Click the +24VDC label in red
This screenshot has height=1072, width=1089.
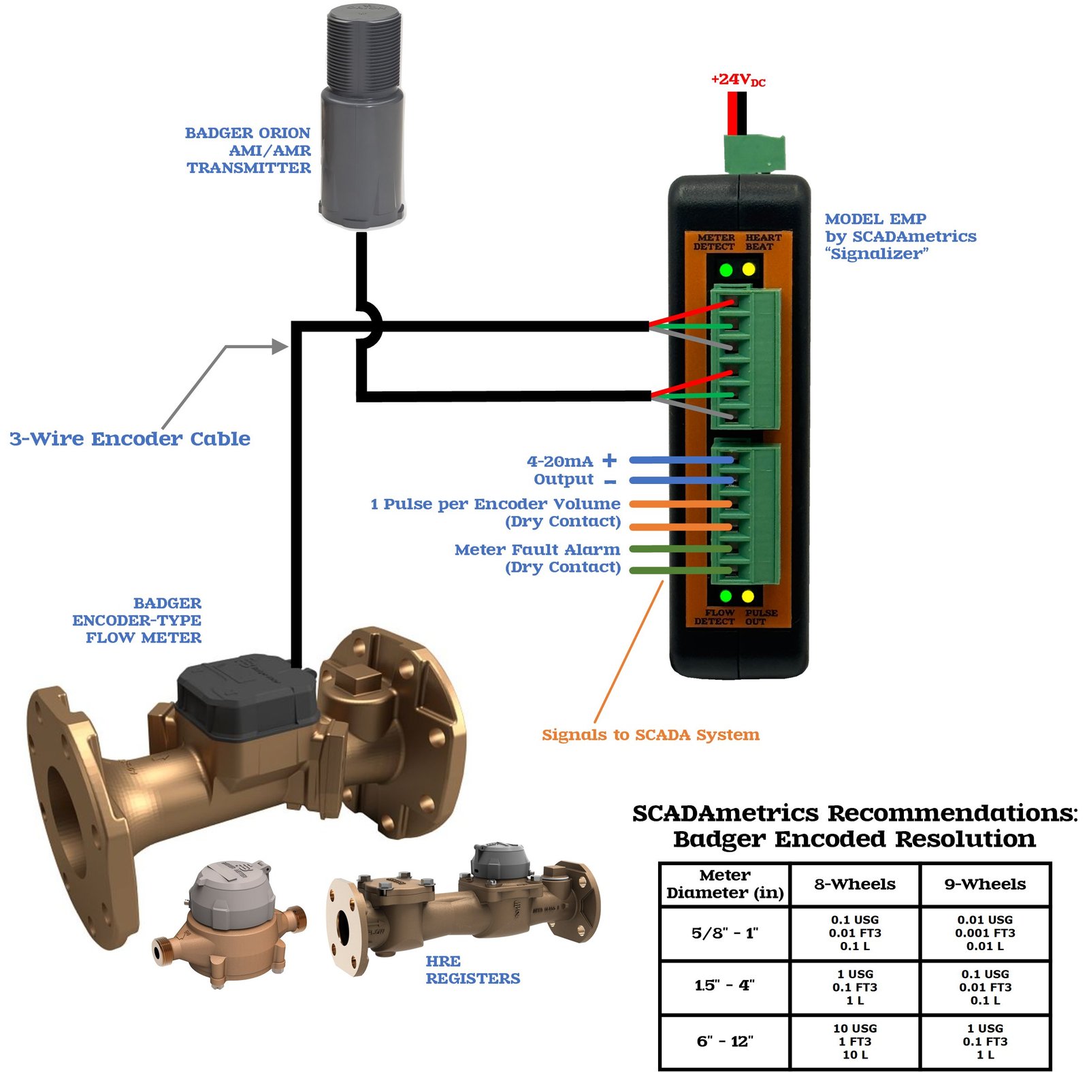tap(738, 80)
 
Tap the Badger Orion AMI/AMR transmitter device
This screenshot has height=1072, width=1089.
tap(363, 116)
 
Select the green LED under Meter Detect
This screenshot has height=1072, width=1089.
tap(726, 270)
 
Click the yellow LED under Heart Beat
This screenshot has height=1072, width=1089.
tap(749, 270)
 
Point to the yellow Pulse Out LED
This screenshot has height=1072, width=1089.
tap(748, 597)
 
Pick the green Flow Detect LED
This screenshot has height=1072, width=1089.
tap(726, 597)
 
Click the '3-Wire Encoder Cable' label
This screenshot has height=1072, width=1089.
tap(130, 439)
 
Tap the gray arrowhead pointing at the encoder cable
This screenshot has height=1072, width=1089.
tap(280, 346)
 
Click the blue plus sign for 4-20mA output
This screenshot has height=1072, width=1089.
tap(610, 460)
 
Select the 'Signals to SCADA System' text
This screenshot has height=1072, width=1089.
tap(650, 735)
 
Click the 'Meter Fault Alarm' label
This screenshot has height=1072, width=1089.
tap(537, 549)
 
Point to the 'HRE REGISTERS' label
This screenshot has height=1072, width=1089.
tap(472, 970)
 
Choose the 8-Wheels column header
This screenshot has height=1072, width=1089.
tap(855, 884)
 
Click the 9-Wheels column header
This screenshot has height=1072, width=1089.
tap(985, 884)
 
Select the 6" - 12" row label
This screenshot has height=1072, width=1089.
tap(725, 1041)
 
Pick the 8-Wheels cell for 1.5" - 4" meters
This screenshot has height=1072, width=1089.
tap(855, 987)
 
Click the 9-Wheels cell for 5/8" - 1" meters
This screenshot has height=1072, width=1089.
tap(985, 932)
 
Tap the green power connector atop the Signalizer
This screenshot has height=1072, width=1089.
tap(754, 154)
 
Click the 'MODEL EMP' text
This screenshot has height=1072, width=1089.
tap(875, 219)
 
